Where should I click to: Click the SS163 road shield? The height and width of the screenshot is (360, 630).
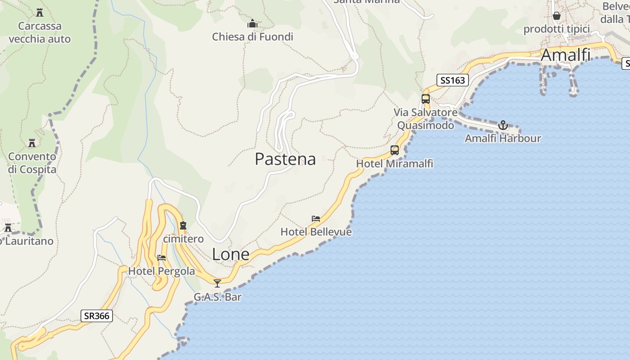(453, 81)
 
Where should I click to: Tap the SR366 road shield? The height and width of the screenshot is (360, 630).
(97, 316)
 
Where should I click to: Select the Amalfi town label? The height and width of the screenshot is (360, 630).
(565, 55)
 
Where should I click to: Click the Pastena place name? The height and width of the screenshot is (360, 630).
(285, 159)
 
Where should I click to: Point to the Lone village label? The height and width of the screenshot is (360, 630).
(230, 254)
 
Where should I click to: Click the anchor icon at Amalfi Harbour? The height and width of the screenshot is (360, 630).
(503, 125)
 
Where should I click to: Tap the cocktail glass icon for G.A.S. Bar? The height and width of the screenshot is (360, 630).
(217, 283)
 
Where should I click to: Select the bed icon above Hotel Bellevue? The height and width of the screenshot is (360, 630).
(316, 219)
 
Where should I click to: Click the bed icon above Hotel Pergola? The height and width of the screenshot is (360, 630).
(162, 258)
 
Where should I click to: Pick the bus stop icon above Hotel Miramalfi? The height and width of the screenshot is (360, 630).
(395, 150)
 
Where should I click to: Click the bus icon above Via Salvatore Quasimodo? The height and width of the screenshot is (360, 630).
(426, 99)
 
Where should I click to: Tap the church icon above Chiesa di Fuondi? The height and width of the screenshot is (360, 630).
(252, 23)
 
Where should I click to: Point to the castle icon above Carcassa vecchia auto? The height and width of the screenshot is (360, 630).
(40, 12)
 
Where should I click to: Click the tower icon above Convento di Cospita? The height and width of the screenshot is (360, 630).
(32, 143)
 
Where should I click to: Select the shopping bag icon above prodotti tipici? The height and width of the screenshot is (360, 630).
(557, 16)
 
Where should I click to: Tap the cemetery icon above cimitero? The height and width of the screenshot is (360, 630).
(183, 225)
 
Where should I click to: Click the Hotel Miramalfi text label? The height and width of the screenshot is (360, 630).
(395, 164)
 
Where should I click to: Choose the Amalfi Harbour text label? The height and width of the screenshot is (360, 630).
(503, 138)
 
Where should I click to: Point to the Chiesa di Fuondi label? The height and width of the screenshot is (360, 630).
(252, 37)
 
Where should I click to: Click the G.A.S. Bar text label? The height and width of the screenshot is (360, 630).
(217, 297)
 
